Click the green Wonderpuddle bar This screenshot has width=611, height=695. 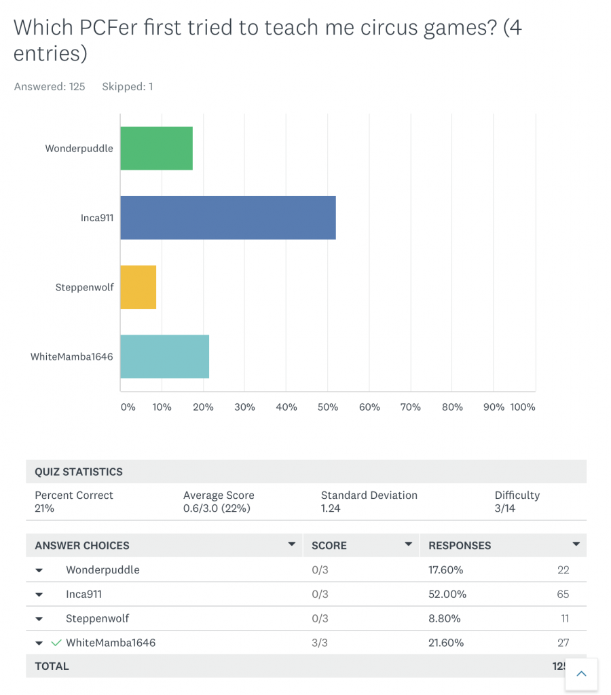(x=156, y=148)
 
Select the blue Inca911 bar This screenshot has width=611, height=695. (x=227, y=218)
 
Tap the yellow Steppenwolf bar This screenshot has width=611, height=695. (x=138, y=287)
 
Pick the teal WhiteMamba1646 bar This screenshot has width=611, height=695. (x=164, y=356)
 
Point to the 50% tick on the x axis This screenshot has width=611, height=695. (x=328, y=407)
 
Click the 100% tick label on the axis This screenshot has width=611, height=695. (x=523, y=407)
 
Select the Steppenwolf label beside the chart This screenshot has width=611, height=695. (x=84, y=287)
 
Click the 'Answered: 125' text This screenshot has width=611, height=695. (x=50, y=87)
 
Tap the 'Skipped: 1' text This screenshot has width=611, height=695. (x=127, y=87)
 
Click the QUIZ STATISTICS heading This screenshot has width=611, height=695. (x=79, y=472)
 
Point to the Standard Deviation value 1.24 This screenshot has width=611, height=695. (x=331, y=508)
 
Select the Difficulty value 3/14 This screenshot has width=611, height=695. (x=504, y=508)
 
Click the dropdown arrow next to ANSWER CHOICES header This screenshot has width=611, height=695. (x=292, y=544)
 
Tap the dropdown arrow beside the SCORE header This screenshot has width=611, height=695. (x=409, y=544)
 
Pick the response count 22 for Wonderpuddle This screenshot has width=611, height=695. (x=563, y=569)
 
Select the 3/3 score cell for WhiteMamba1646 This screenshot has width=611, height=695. (x=320, y=643)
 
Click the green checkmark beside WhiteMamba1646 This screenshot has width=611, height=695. (x=56, y=643)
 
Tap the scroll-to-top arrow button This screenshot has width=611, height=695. (x=581, y=674)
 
